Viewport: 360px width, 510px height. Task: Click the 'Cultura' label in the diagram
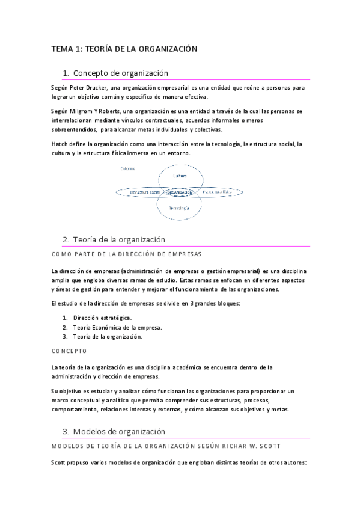point(180,176)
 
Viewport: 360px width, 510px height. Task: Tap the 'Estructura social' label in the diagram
point(136,192)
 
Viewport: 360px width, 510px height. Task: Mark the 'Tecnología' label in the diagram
point(179,208)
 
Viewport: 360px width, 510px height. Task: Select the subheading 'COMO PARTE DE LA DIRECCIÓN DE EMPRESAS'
point(126,254)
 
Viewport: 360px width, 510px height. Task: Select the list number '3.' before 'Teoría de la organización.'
point(65,337)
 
